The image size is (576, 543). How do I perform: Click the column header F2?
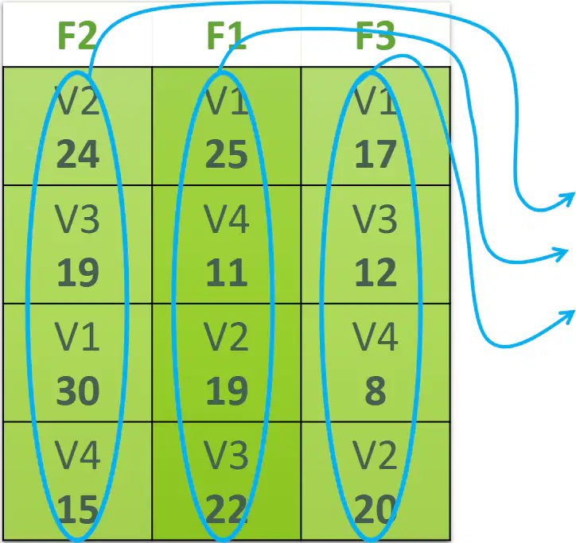tap(77, 35)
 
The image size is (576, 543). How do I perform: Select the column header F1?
tap(226, 35)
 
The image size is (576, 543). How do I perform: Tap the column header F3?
tap(376, 35)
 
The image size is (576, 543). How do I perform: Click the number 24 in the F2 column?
tap(78, 154)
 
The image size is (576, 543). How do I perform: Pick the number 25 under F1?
tap(227, 154)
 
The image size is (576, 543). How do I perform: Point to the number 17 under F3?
tap(376, 154)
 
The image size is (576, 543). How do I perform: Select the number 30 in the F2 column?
tap(78, 390)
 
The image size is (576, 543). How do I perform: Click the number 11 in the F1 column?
tap(227, 273)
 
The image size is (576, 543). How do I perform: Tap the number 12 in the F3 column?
tap(376, 273)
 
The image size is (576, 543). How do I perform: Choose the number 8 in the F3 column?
tap(376, 390)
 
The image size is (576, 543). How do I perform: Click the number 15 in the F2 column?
tap(78, 509)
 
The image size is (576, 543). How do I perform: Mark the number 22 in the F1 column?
tap(227, 509)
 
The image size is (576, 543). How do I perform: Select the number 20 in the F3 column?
tap(376, 509)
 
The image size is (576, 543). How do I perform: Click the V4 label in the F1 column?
tap(227, 219)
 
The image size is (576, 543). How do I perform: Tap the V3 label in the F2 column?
tap(77, 219)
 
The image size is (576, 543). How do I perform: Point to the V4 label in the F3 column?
tap(376, 337)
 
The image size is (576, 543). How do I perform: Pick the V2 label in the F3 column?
tap(376, 456)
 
